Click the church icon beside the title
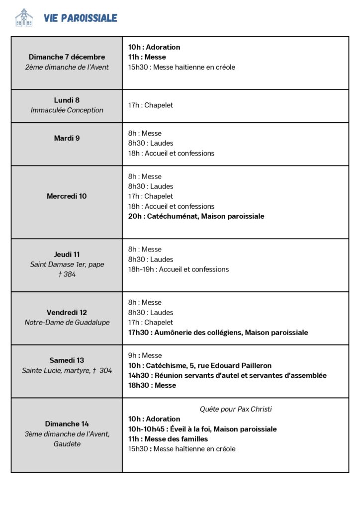24,18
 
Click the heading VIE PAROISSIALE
81,18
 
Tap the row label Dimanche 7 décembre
67,57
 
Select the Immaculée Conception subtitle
67,110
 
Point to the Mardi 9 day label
67,138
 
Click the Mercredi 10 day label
67,196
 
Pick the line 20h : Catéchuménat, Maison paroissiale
196,216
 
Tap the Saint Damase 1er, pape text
67,264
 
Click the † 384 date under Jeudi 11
67,274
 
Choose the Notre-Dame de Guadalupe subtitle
67,323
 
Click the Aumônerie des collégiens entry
218,333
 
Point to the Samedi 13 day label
67,360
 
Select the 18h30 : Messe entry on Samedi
152,385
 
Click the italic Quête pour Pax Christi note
236,409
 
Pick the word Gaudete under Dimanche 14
67,444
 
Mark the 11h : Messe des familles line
168,439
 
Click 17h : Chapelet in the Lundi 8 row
150,105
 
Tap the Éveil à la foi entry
202,429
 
